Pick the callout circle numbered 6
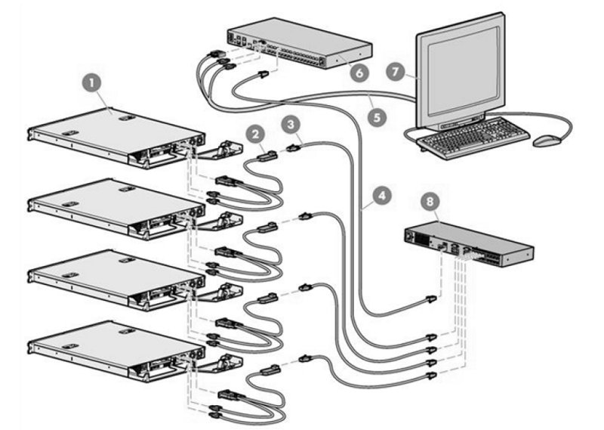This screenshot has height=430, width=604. click(358, 73)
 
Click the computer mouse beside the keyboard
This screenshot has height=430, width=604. click(546, 141)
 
